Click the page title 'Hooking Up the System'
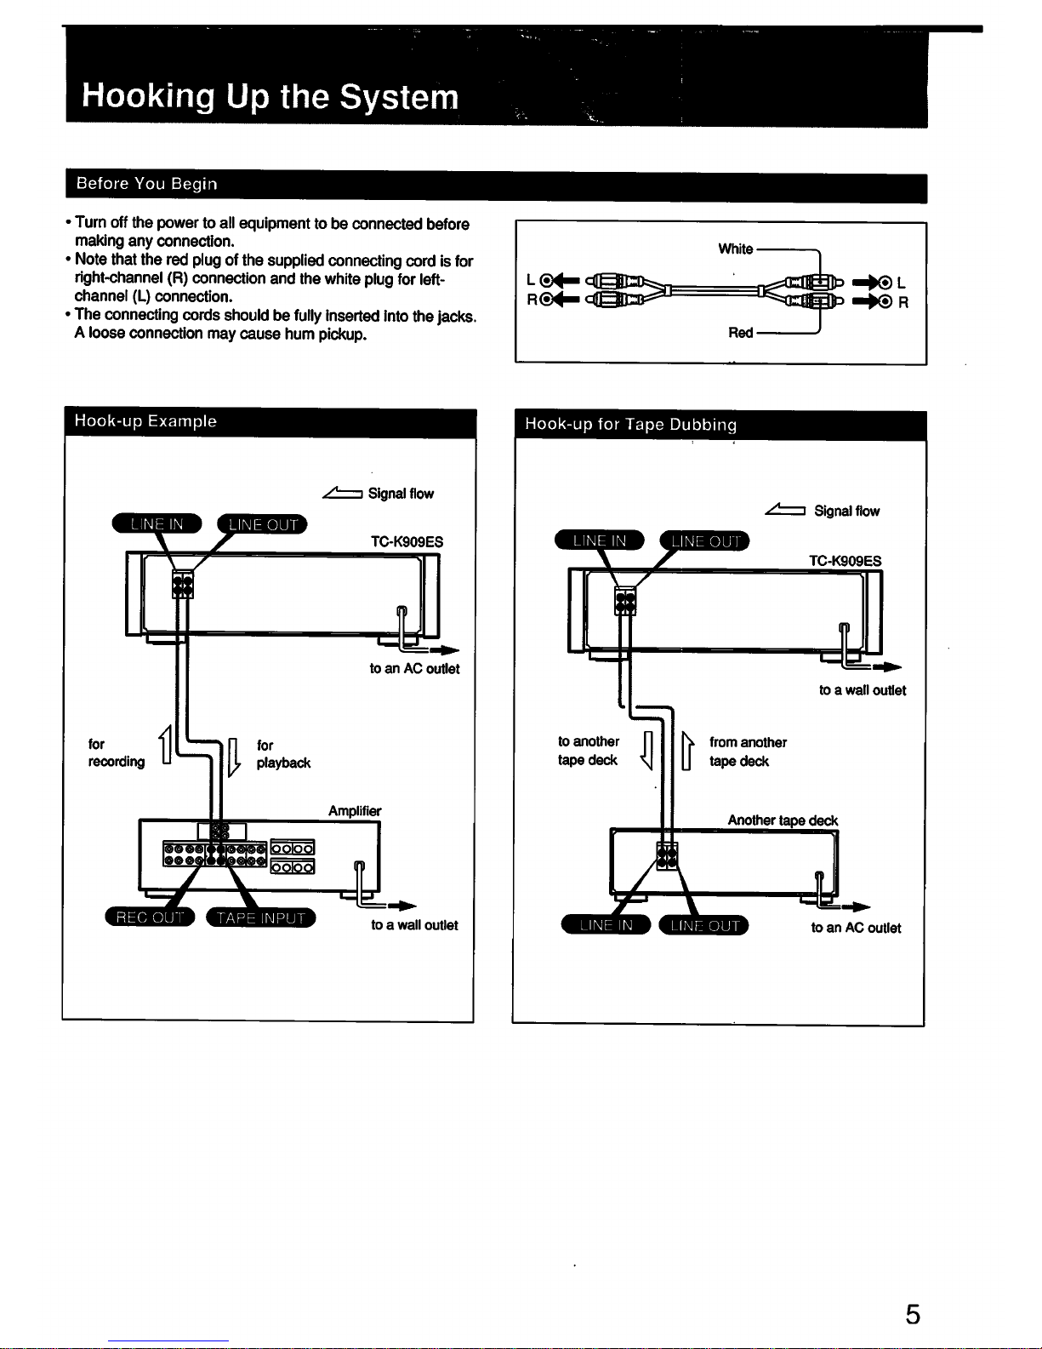tap(270, 96)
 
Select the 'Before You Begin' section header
tap(146, 184)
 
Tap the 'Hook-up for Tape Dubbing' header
tap(631, 425)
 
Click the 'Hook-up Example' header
tap(145, 421)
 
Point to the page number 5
tap(913, 1314)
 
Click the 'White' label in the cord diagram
tap(736, 249)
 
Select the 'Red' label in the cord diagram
tap(741, 333)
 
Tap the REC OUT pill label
tap(150, 917)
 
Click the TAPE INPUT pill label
tap(261, 917)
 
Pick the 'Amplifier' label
tap(355, 811)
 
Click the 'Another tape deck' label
tap(783, 820)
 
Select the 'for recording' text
tap(117, 752)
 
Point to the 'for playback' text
tap(283, 753)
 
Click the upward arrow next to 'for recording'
tap(166, 745)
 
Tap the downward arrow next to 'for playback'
tap(234, 757)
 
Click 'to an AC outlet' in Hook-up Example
tap(414, 669)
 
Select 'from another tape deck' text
tap(748, 752)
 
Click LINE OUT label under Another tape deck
tap(704, 926)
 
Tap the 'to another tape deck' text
tap(589, 751)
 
